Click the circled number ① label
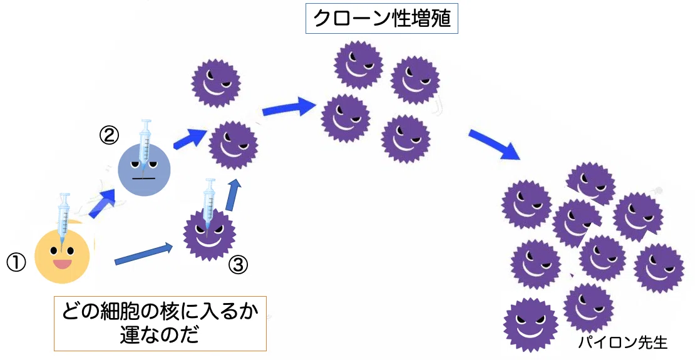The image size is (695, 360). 16,263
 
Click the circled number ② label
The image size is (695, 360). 109,135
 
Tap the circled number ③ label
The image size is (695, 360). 238,265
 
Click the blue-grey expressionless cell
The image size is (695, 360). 144,170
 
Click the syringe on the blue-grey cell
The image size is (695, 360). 145,142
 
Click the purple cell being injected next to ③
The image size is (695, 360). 209,235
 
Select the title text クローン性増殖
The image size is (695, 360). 382,19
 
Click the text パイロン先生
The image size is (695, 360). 623,342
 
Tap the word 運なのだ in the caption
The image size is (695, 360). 159,336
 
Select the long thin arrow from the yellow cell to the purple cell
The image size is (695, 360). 143,254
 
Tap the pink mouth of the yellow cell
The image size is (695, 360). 63,264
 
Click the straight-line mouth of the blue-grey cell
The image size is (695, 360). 143,178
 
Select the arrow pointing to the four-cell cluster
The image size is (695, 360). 289,107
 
